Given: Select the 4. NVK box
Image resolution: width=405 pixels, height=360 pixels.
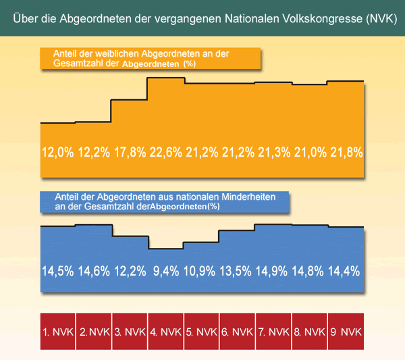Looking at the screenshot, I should click(166, 332).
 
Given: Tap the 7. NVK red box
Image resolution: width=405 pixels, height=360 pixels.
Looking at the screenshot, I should click(273, 332).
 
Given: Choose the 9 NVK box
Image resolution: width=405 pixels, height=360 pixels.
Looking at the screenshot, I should click(346, 332).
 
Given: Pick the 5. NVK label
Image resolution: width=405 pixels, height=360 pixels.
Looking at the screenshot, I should click(202, 332).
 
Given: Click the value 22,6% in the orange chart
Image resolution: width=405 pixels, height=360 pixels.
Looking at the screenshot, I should click(166, 152).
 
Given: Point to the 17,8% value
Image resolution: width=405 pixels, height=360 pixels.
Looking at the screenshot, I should click(130, 152).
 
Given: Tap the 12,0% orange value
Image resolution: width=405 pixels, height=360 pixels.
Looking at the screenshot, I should click(58, 152).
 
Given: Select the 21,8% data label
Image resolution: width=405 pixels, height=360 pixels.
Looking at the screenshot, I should click(346, 152).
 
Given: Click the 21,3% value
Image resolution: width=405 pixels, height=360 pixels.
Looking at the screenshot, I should click(273, 152).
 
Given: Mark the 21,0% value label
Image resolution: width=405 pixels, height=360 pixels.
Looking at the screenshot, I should click(310, 152).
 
